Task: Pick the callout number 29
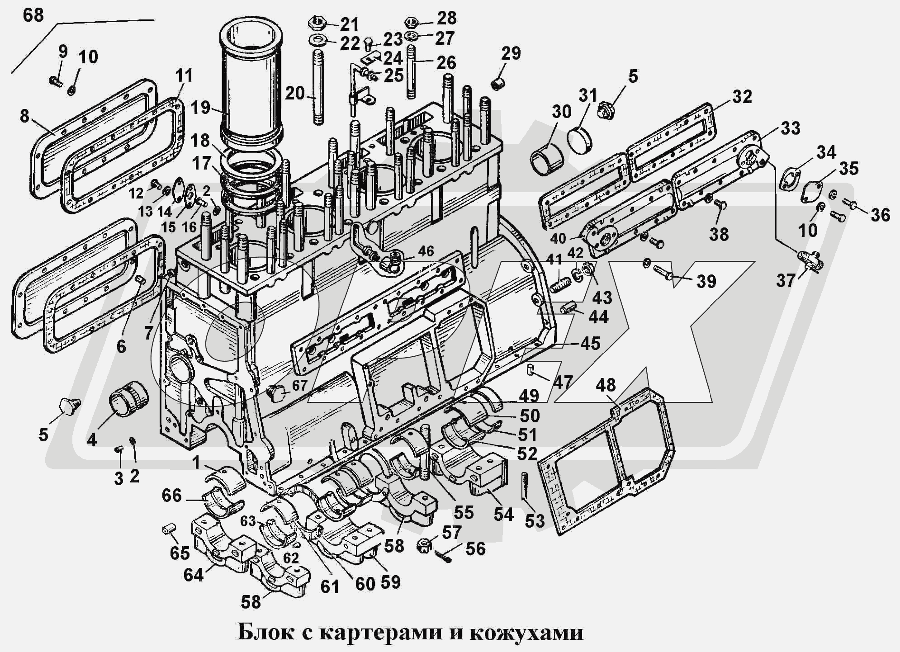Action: [511, 53]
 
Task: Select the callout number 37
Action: [786, 280]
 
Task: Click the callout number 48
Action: [606, 385]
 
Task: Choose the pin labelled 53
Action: [525, 485]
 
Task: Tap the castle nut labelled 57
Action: [425, 544]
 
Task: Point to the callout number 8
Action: [24, 116]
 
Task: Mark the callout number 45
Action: [590, 343]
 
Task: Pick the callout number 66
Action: [172, 496]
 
